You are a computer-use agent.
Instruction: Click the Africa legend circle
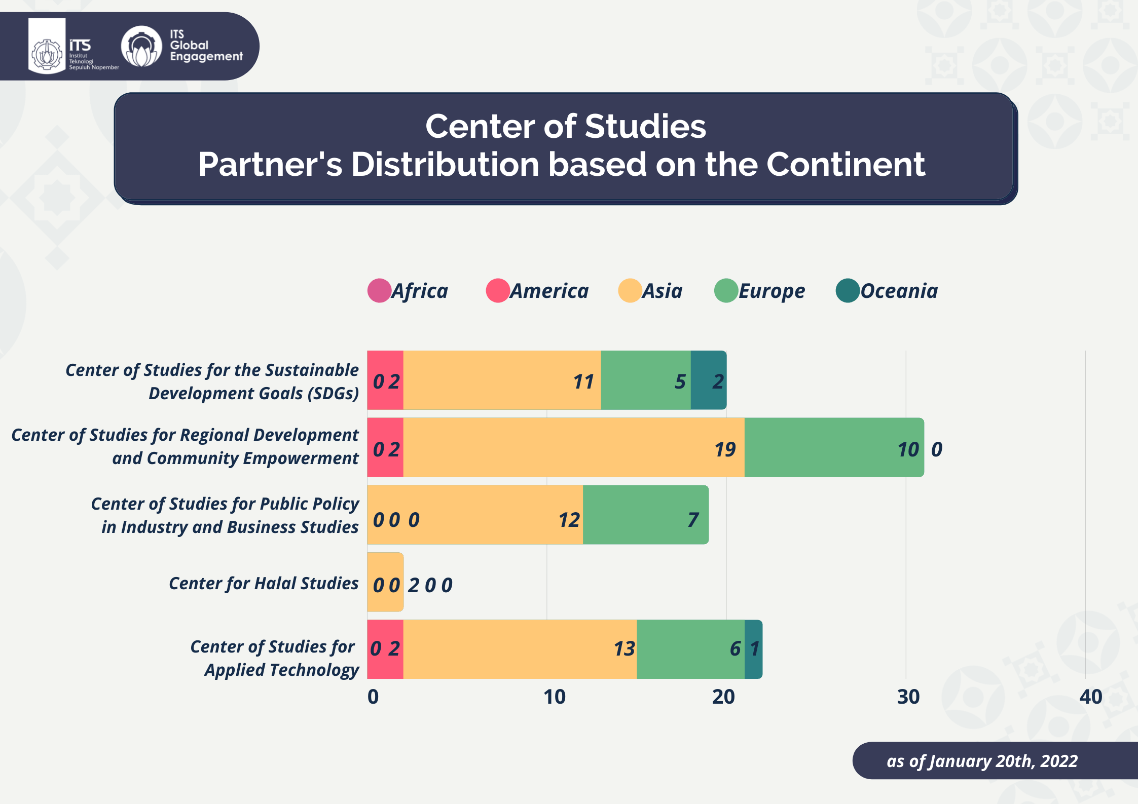[379, 291]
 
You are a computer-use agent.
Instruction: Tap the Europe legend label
[772, 291]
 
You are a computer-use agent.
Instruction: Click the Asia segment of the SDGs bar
[502, 380]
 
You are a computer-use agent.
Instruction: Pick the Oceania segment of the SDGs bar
[708, 380]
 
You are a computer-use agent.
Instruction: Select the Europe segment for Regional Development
[834, 447]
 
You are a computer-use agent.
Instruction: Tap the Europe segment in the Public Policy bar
[645, 515]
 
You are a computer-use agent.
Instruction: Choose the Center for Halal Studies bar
[385, 582]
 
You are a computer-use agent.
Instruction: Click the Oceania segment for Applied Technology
[753, 649]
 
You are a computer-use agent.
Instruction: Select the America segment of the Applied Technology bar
[385, 649]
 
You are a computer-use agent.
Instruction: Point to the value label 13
[624, 649]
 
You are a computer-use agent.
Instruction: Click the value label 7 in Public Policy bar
[693, 520]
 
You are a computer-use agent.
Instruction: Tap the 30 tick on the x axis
[908, 697]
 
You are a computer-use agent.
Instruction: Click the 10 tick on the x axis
[554, 697]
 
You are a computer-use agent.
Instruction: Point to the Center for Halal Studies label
[264, 584]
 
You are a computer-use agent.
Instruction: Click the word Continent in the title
[846, 164]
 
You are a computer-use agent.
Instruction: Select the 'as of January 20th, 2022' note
[982, 761]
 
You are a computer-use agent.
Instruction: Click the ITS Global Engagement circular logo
[141, 47]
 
